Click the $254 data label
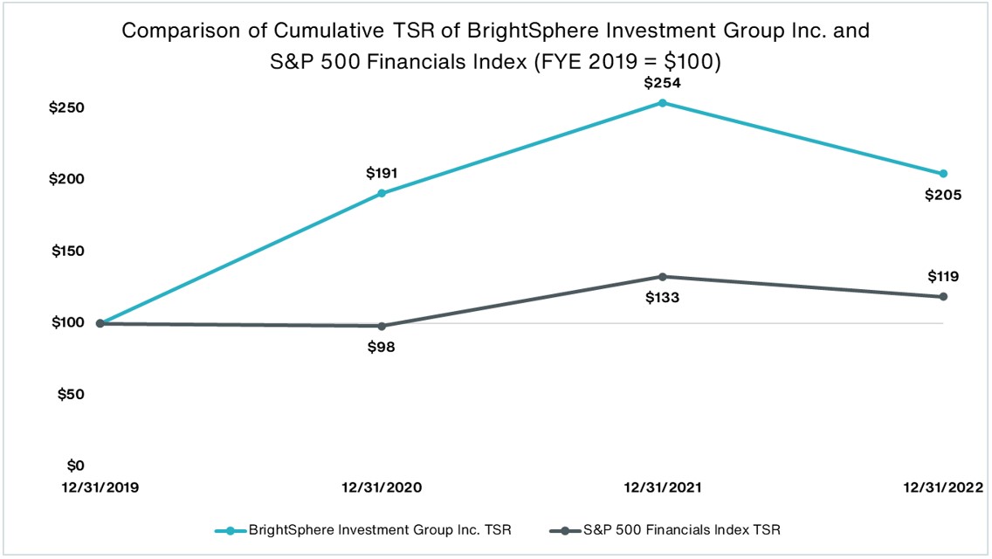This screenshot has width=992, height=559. tap(662, 84)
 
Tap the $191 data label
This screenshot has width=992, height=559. tap(382, 173)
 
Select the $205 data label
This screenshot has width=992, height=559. tap(943, 195)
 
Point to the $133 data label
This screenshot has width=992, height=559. tap(662, 298)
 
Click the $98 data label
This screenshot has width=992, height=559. tap(382, 347)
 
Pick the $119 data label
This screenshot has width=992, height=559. tap(943, 277)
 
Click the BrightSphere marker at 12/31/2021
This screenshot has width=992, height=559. tap(662, 103)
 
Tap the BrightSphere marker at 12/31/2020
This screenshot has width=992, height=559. tap(382, 193)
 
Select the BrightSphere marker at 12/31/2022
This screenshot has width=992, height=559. tap(943, 174)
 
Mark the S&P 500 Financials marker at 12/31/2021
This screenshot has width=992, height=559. tap(662, 277)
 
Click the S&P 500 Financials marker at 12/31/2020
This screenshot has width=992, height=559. tap(382, 326)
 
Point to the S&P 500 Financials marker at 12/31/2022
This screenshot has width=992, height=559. tap(943, 297)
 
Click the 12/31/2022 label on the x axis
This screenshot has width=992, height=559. tap(942, 487)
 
